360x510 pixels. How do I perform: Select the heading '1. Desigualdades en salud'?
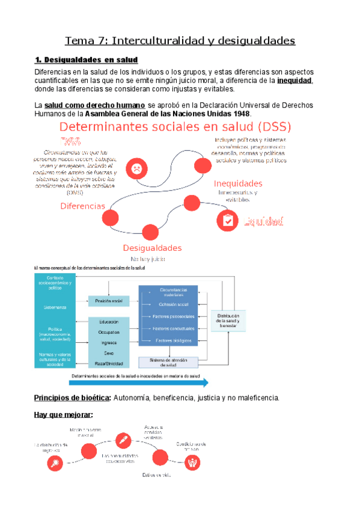click(x=86, y=60)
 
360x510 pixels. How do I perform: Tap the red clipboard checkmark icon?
click(x=228, y=220)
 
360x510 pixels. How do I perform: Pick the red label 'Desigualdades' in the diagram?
click(x=152, y=248)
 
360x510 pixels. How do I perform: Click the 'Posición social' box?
click(x=109, y=300)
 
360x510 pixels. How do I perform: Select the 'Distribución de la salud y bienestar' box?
click(x=228, y=320)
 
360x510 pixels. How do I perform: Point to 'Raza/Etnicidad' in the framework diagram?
click(x=109, y=364)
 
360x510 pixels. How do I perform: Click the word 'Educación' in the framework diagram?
click(x=109, y=321)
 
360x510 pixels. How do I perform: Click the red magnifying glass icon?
click(x=56, y=463)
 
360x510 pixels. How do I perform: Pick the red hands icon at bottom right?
click(x=194, y=462)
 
